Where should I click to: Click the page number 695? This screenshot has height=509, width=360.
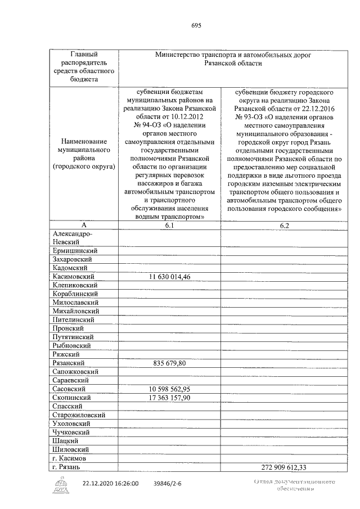[196, 25]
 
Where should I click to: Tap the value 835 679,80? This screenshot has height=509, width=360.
[169, 363]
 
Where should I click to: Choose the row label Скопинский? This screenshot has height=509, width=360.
[72, 398]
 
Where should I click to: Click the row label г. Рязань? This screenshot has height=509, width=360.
[68, 467]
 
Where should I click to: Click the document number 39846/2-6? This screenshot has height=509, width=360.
[169, 483]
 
